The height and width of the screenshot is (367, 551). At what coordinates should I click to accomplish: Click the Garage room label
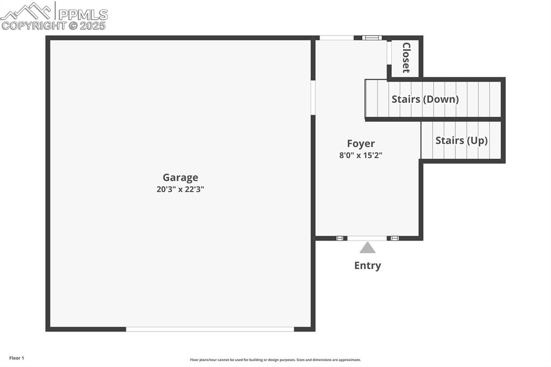(x=180, y=178)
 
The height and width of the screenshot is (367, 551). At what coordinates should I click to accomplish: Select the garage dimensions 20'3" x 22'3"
(x=180, y=189)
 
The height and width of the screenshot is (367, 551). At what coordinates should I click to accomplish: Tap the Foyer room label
(x=361, y=144)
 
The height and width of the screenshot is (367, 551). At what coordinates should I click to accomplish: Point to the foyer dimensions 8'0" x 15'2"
(x=361, y=155)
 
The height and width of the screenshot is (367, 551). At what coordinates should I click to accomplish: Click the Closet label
(x=406, y=58)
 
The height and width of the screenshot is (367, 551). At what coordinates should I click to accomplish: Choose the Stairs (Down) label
(x=425, y=99)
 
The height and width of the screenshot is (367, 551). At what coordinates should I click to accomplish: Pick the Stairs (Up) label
(x=461, y=140)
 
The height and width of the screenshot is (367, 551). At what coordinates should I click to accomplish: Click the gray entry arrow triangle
(x=368, y=248)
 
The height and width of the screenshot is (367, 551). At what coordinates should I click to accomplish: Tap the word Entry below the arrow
(x=368, y=265)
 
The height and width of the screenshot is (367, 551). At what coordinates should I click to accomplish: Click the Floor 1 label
(x=17, y=358)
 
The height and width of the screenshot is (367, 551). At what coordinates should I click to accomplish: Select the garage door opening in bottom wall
(x=210, y=329)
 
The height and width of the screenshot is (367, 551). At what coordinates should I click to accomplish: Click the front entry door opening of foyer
(x=367, y=238)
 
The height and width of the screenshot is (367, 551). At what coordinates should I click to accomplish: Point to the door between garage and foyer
(x=313, y=98)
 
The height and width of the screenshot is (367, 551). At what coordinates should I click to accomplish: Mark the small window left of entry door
(x=340, y=238)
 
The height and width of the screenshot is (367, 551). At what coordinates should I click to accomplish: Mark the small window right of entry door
(x=394, y=238)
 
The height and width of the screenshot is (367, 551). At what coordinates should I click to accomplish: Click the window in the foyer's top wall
(x=372, y=38)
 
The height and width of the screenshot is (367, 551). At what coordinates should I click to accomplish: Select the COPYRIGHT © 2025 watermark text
(x=53, y=26)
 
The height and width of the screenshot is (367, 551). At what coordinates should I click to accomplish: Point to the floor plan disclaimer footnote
(x=275, y=360)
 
